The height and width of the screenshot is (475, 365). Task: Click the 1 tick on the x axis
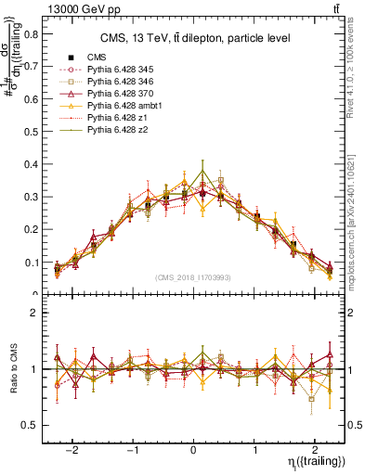point(255,444)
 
